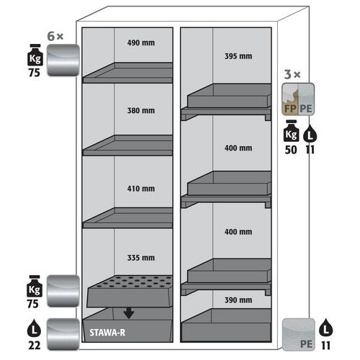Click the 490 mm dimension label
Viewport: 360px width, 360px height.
[141, 43]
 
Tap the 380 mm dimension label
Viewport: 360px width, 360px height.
[141, 111]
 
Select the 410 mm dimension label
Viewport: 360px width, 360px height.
[141, 189]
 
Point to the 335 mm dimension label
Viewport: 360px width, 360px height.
[141, 258]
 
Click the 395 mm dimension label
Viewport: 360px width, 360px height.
[238, 56]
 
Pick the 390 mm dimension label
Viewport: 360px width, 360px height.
[238, 300]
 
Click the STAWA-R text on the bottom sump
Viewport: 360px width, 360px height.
[107, 333]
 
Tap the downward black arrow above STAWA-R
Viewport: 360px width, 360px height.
[129, 312]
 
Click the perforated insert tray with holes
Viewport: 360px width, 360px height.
[130, 291]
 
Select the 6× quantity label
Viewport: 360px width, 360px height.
[55, 36]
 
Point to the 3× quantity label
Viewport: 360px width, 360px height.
[292, 74]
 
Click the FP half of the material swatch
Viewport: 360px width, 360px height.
[290, 99]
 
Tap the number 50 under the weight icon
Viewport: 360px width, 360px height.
[291, 150]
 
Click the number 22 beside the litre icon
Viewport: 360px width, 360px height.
[35, 346]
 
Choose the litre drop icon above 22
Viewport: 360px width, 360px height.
[34, 328]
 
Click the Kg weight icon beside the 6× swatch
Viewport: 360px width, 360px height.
[35, 55]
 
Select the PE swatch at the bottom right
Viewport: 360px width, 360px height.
[299, 335]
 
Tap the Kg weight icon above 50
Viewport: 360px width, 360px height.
[291, 131]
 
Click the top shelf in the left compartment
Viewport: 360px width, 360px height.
[127, 73]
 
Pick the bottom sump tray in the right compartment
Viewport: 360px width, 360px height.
[226, 325]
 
